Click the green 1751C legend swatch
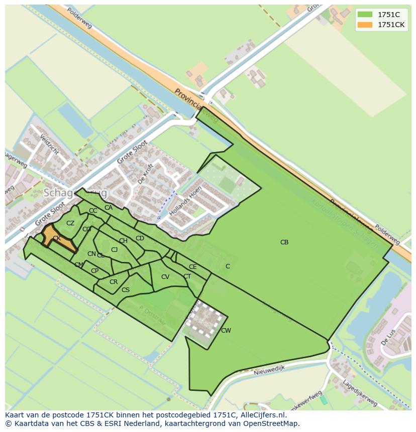pyautogui.click(x=365, y=15)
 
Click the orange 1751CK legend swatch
pyautogui.click(x=365, y=25)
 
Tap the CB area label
pyautogui.click(x=284, y=242)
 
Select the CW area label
pyautogui.click(x=226, y=330)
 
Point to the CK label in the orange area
pyautogui.click(x=57, y=238)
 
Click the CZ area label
pyautogui.click(x=70, y=223)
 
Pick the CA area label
pyautogui.click(x=109, y=208)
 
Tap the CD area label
pyautogui.click(x=140, y=238)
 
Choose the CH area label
pyautogui.click(x=123, y=241)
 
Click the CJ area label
pyautogui.click(x=115, y=250)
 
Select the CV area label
pyautogui.click(x=165, y=277)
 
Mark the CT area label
pyautogui.click(x=187, y=276)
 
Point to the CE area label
pyautogui.click(x=193, y=267)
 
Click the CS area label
pyautogui.click(x=126, y=290)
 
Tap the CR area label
pyautogui.click(x=114, y=282)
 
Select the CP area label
pyautogui.click(x=94, y=271)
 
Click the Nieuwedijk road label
pyautogui.click(x=269, y=368)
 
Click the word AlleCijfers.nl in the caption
pyautogui.click(x=262, y=415)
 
